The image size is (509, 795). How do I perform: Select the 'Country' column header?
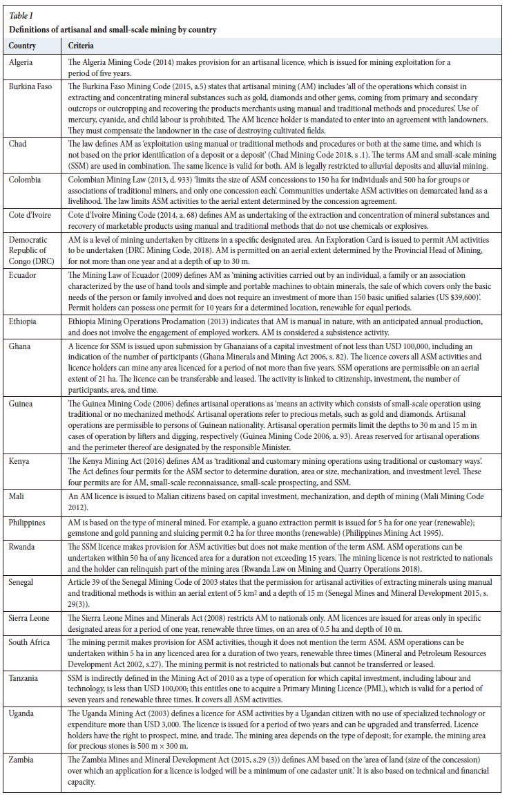coord(23,46)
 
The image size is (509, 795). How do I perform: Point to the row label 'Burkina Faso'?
coord(31,86)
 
